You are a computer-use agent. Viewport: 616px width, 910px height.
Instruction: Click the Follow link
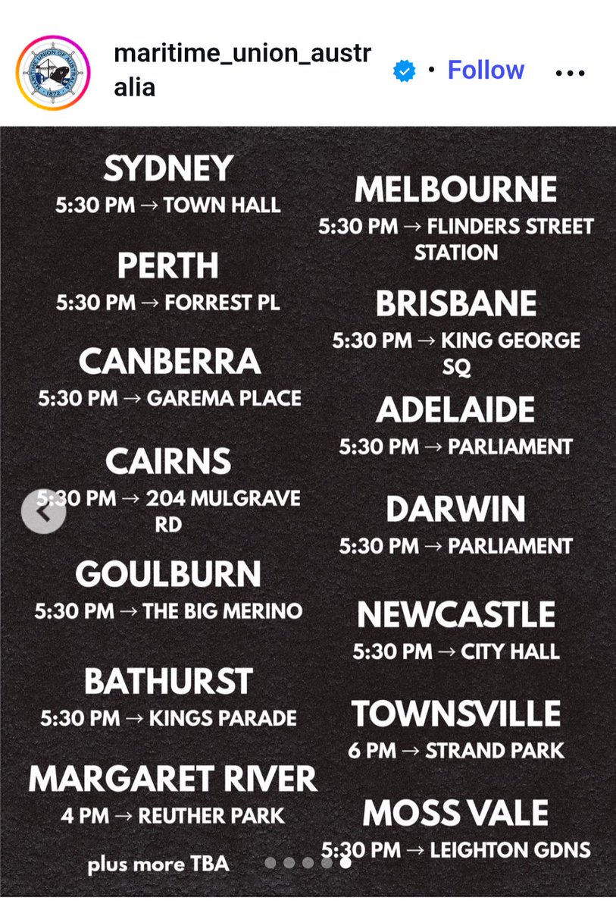click(486, 70)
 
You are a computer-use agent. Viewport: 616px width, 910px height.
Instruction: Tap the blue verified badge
click(404, 71)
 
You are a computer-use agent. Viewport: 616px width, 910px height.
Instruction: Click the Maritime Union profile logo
click(52, 71)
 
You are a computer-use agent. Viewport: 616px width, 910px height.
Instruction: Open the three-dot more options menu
click(571, 74)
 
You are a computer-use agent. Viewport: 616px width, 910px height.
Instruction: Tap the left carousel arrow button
click(43, 512)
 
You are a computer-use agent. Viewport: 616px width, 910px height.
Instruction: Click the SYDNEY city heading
click(168, 168)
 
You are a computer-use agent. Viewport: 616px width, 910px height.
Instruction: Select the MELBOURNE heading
click(455, 190)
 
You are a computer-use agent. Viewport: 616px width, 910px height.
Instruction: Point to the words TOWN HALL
click(222, 205)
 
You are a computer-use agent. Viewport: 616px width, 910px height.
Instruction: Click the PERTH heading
click(168, 266)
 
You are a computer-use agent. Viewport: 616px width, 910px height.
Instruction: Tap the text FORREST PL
click(222, 303)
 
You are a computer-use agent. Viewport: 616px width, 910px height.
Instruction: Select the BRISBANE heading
click(456, 304)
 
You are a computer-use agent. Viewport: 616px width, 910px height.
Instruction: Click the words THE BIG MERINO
click(222, 611)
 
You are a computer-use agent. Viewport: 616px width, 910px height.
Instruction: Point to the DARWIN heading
click(455, 510)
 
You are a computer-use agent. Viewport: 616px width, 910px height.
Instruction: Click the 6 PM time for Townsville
click(372, 751)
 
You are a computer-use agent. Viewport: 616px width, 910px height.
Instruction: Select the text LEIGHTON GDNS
click(510, 850)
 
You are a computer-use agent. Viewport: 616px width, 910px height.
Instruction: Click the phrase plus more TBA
click(158, 864)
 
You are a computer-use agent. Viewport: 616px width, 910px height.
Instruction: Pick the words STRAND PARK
click(495, 751)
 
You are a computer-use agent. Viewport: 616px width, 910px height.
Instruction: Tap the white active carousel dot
click(345, 862)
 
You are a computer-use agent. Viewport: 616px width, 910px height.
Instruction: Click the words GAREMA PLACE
click(224, 398)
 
